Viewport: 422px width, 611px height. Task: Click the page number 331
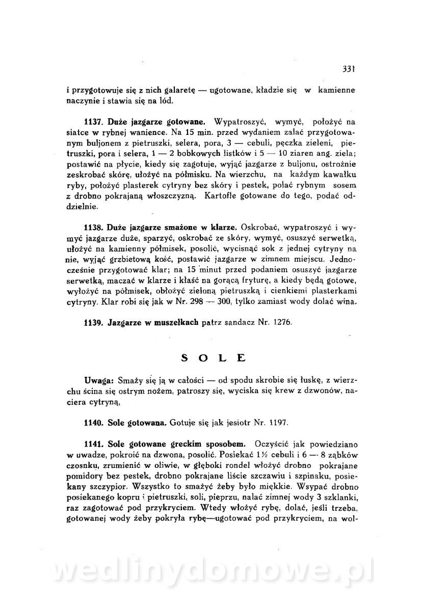click(x=348, y=69)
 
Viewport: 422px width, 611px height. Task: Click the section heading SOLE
click(x=214, y=358)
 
